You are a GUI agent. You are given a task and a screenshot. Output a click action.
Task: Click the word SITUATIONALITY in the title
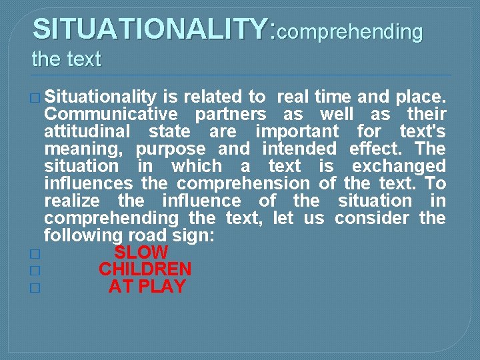point(151,29)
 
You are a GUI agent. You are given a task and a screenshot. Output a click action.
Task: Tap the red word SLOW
point(141,253)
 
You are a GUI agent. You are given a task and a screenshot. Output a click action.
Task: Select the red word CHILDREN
point(145,270)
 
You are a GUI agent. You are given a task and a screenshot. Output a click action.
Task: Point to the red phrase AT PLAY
point(147,287)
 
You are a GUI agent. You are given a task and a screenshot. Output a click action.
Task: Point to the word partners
point(231,114)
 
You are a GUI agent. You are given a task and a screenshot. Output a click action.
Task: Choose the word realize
point(72,201)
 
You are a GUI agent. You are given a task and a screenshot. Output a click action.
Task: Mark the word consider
point(372,218)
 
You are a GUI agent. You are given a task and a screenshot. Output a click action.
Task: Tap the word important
point(297,131)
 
